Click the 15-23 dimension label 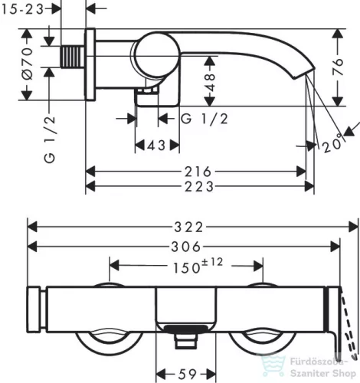pyautogui.click(x=22, y=9)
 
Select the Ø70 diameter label pyautogui.click(x=28, y=63)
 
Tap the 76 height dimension pyautogui.click(x=338, y=67)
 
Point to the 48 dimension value pyautogui.click(x=210, y=82)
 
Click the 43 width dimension pyautogui.click(x=156, y=146)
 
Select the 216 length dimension pyautogui.click(x=198, y=172)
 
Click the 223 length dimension pyautogui.click(x=199, y=186)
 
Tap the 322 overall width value pyautogui.click(x=189, y=227)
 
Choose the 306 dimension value pyautogui.click(x=186, y=247)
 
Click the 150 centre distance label pyautogui.click(x=187, y=267)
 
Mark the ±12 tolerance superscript pyautogui.click(x=212, y=262)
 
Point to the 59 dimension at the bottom pyautogui.click(x=187, y=375)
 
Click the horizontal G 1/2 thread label pyautogui.click(x=205, y=119)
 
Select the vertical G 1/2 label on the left pyautogui.click(x=50, y=139)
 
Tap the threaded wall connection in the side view pyautogui.click(x=73, y=57)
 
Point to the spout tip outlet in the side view pyautogui.click(x=305, y=74)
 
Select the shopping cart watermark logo pyautogui.click(x=273, y=365)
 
